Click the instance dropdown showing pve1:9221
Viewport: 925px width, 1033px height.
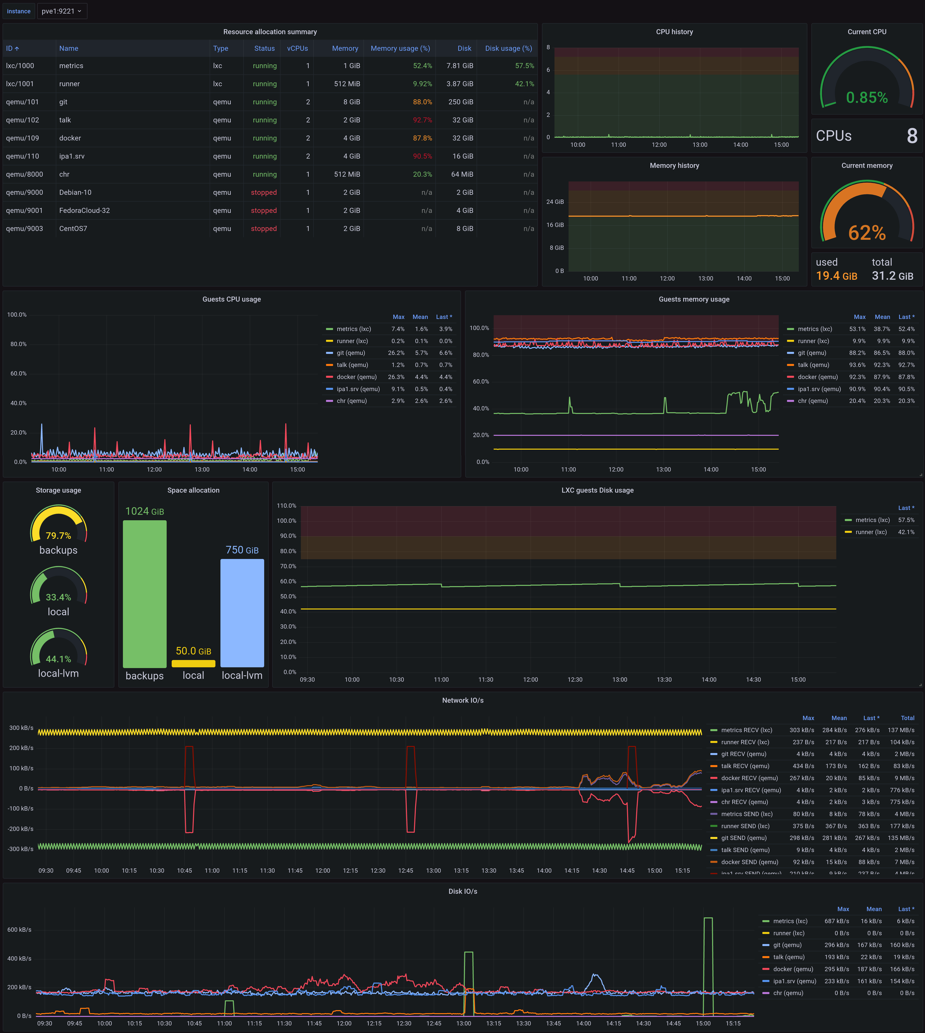click(x=62, y=11)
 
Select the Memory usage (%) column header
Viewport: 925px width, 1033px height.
click(x=400, y=48)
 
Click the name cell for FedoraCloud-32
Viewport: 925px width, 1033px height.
click(x=84, y=210)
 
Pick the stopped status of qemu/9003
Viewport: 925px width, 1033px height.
click(x=264, y=229)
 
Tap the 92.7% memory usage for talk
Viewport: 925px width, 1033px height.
click(x=422, y=120)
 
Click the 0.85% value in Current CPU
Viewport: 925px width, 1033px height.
click(x=866, y=97)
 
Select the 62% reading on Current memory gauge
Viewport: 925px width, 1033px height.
click(x=866, y=233)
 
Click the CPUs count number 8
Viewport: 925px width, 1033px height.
click(x=912, y=136)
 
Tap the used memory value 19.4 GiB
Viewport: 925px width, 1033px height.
click(x=836, y=276)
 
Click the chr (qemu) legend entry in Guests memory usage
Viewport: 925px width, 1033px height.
click(x=813, y=401)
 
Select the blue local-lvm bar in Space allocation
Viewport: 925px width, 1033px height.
click(x=242, y=613)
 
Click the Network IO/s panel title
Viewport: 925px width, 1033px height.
click(x=462, y=700)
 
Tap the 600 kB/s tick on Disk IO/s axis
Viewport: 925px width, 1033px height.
click(x=19, y=929)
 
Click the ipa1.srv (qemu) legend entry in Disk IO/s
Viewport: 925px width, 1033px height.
click(x=794, y=981)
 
